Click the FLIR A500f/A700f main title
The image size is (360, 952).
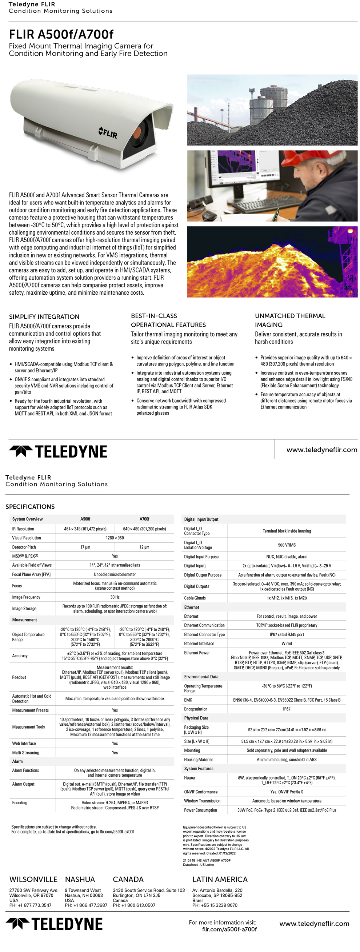tap(61, 34)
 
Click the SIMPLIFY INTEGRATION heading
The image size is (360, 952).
tap(44, 317)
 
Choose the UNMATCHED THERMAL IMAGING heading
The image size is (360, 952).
tap(290, 320)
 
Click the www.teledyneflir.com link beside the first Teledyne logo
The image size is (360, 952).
tap(321, 450)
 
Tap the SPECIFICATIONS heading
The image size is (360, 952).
tap(30, 507)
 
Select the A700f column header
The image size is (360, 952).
tap(144, 519)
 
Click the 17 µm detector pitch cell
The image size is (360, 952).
tap(85, 547)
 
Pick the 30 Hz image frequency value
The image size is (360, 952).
tap(115, 597)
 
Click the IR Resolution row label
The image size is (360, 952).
tap(23, 529)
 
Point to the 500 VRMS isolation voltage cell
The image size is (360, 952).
tap(287, 545)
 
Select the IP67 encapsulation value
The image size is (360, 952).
tap(287, 709)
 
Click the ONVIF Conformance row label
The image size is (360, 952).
tap(201, 792)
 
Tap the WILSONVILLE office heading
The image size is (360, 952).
tap(33, 879)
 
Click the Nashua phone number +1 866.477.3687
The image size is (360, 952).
tap(86, 905)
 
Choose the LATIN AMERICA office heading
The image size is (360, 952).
tap(220, 879)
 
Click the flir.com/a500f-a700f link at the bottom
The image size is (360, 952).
tap(229, 929)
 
